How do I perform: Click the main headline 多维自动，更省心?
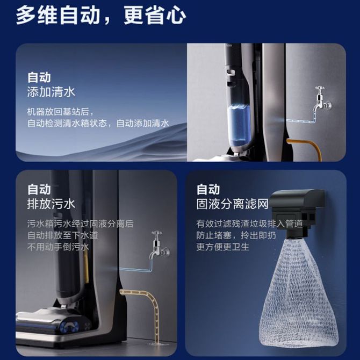(x=101, y=16)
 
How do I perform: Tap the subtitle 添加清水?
(x=51, y=92)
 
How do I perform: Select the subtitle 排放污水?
(x=51, y=204)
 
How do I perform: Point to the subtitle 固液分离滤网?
(x=232, y=204)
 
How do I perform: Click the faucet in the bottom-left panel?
(x=160, y=244)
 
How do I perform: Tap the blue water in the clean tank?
(x=239, y=125)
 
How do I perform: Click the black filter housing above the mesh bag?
(x=296, y=212)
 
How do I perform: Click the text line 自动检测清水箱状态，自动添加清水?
(x=98, y=123)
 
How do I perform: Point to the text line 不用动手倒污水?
(x=58, y=247)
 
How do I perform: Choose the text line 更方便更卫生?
(x=222, y=247)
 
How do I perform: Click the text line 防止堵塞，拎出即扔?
(x=236, y=235)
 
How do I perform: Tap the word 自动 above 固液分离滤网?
(x=208, y=190)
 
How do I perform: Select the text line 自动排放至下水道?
(x=62, y=235)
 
